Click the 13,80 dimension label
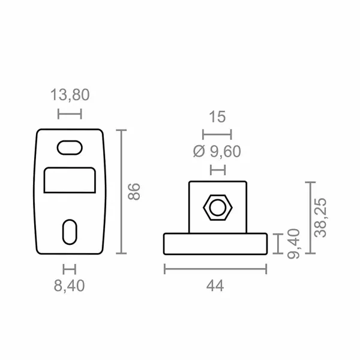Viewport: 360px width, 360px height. click(x=70, y=95)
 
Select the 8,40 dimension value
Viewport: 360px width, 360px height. click(x=70, y=286)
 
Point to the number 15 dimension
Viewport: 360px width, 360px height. click(x=217, y=116)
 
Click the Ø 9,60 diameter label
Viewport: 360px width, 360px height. click(x=217, y=152)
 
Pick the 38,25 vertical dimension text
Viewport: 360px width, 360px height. click(x=322, y=217)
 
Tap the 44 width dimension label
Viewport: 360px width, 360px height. click(x=215, y=286)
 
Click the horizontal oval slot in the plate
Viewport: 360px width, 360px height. click(x=70, y=147)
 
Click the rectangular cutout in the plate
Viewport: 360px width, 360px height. click(x=70, y=180)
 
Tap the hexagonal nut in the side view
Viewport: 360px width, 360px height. click(x=217, y=208)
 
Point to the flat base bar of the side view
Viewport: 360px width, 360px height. click(x=215, y=244)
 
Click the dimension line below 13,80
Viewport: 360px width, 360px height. click(x=69, y=113)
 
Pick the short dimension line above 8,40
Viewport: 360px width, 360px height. click(x=70, y=268)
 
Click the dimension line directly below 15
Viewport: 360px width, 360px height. click(x=217, y=134)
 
